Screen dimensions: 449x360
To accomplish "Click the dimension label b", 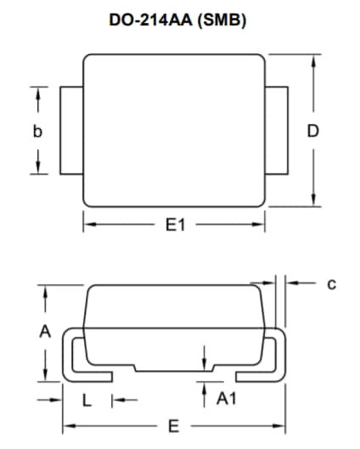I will pyautogui.click(x=37, y=132).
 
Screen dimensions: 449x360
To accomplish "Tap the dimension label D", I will pyautogui.click(x=312, y=132).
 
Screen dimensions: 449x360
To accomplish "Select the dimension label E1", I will pyautogui.click(x=176, y=225).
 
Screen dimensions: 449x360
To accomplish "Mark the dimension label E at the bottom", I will pyautogui.click(x=174, y=425).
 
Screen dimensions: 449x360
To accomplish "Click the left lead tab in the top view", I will pyautogui.click(x=71, y=131).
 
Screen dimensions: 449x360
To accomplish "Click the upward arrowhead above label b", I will pyautogui.click(x=37, y=94).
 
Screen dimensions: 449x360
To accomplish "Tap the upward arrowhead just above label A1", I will pyautogui.click(x=205, y=386).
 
